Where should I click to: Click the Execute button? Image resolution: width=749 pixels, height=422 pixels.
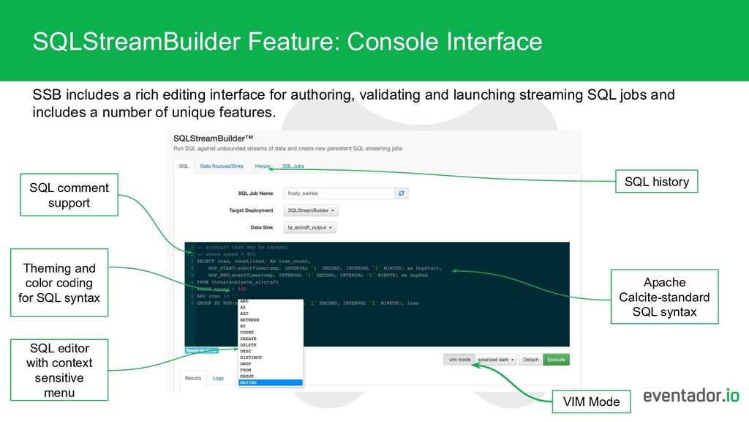[557, 360]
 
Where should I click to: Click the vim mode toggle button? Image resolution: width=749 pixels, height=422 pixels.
[459, 360]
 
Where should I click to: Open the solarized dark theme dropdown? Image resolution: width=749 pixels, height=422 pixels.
[497, 360]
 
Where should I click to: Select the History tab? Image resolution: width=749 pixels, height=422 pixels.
[263, 166]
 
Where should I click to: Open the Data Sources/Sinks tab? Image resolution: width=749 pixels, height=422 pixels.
[222, 166]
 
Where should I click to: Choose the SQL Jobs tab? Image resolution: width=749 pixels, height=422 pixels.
[293, 166]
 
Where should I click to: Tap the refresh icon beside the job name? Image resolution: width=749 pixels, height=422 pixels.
[401, 193]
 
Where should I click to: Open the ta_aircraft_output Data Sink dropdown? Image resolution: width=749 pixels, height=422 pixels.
[311, 228]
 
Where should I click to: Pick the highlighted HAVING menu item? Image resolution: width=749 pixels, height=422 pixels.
[270, 382]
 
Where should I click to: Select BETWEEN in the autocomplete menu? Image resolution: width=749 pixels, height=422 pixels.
[250, 320]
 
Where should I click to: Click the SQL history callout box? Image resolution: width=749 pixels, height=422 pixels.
[656, 181]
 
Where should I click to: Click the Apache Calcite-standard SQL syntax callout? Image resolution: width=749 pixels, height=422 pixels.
[665, 297]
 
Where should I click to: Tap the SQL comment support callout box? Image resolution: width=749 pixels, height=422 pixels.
[69, 195]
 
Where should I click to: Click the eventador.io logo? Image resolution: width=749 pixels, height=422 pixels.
[691, 396]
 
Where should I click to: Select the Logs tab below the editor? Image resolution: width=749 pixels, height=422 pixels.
[218, 378]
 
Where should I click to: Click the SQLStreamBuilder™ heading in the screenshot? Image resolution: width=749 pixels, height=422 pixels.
[214, 137]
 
